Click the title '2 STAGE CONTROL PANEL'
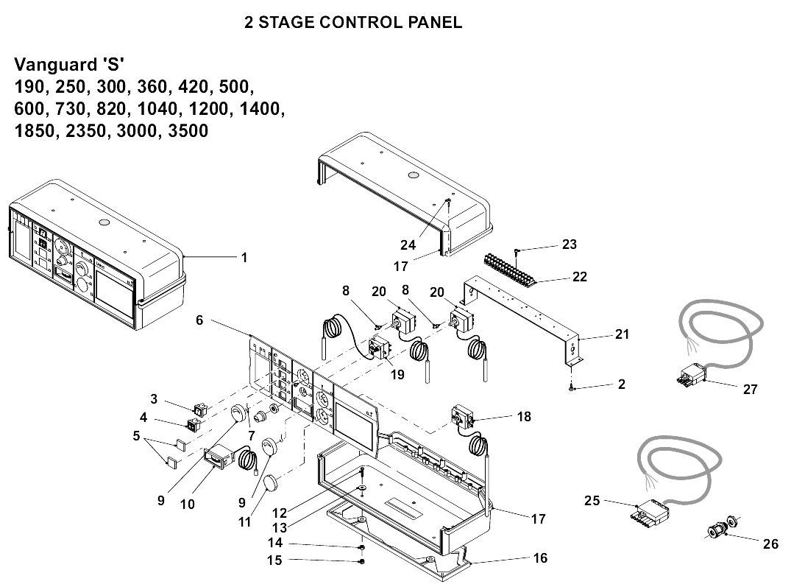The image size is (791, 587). pos(353,23)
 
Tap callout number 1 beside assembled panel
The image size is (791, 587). pos(244,258)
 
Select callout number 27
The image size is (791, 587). pos(749,390)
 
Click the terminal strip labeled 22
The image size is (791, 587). pos(508,270)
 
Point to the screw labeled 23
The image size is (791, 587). pos(518,251)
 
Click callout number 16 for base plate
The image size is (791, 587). pos(540,558)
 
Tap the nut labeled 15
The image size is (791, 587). pos(362,562)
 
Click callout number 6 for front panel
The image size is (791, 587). pos(199,320)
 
